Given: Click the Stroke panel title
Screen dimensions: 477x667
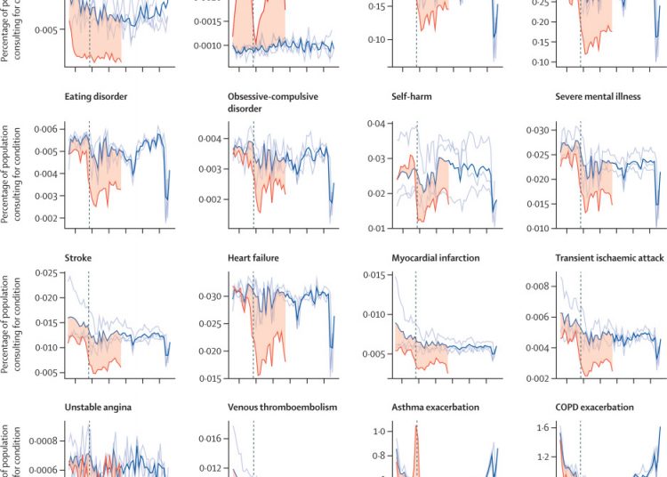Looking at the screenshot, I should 78,258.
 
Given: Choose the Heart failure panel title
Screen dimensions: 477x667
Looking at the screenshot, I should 253,258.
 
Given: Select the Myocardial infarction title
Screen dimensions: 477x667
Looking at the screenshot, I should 436,258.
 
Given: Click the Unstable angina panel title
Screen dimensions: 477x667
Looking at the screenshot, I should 98,407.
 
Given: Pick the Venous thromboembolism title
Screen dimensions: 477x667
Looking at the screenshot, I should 283,407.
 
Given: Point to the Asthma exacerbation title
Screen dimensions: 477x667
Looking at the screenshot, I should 435,407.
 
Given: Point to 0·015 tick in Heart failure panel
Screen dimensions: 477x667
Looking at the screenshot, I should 210,379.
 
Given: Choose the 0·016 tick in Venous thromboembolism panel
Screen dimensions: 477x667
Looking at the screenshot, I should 210,439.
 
